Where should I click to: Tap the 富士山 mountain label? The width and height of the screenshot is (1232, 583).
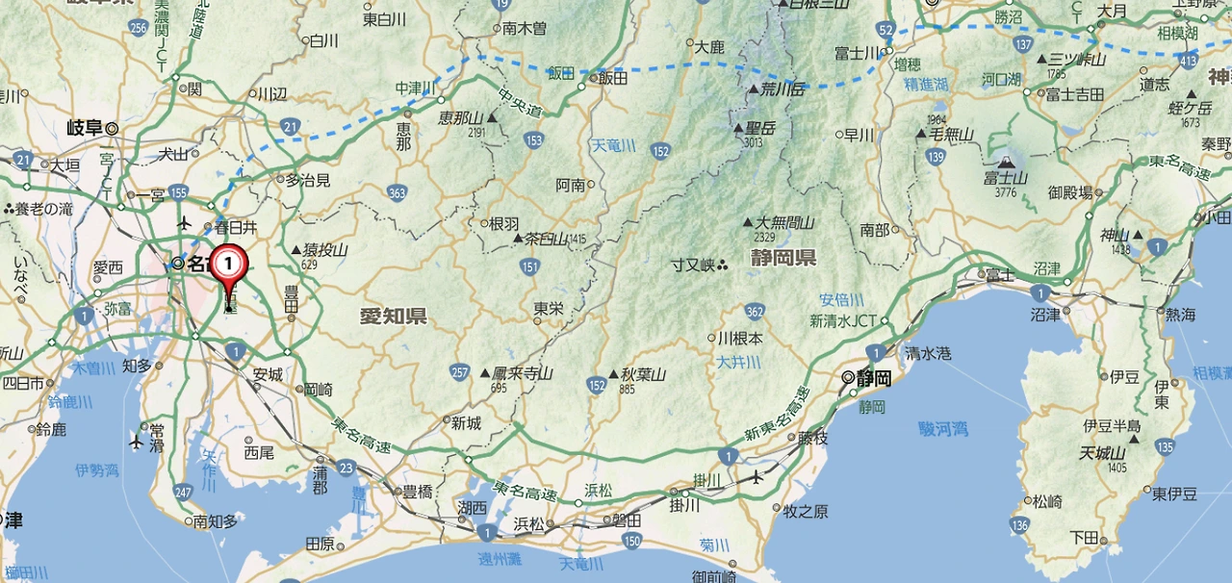tap(1006, 178)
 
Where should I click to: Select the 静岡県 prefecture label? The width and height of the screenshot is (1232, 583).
tap(783, 257)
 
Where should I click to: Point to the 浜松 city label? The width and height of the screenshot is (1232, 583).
tap(528, 524)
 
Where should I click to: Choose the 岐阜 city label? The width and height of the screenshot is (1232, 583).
tap(87, 127)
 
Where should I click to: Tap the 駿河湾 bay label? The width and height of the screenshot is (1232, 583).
tap(942, 429)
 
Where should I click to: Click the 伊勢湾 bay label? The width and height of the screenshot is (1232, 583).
tap(96, 470)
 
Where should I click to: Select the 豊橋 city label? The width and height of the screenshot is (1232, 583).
tap(417, 491)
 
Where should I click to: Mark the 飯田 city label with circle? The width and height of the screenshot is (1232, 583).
tap(612, 78)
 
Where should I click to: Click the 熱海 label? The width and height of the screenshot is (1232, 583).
tap(1179, 315)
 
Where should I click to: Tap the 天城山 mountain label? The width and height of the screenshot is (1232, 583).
tap(1102, 452)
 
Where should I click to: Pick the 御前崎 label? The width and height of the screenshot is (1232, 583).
tap(714, 576)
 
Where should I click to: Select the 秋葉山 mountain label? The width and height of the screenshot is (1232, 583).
tap(643, 374)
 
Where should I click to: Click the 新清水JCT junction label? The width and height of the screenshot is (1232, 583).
tap(843, 320)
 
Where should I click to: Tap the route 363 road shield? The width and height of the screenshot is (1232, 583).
tap(397, 192)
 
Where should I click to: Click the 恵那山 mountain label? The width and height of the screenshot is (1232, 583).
tap(461, 117)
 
